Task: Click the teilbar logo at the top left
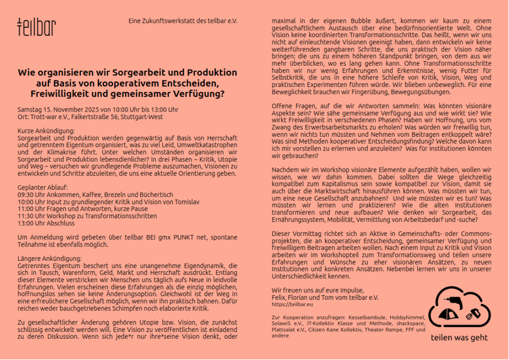pyautogui.click(x=36, y=27)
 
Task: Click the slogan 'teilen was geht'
pyautogui.click(x=459, y=338)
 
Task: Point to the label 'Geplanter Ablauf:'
pyautogui.click(x=42, y=188)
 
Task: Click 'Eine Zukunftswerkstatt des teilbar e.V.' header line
pyautogui.click(x=183, y=21)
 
